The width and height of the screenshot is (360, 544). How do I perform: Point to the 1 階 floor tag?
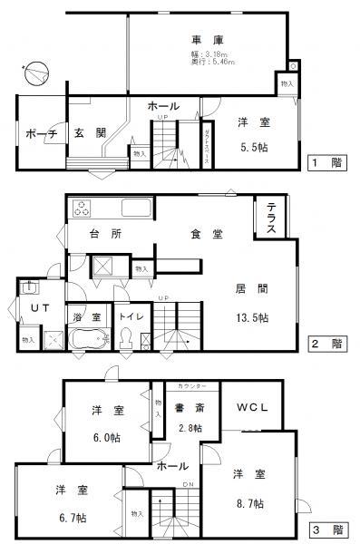pos(326,163)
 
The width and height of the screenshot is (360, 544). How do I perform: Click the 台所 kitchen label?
pos(104,234)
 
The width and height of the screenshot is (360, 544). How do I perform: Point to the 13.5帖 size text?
pos(252,317)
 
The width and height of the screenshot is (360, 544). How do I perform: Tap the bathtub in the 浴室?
pos(86,341)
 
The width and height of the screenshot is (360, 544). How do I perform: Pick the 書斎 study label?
pos(189,408)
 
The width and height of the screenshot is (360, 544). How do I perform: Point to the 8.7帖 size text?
pos(247,502)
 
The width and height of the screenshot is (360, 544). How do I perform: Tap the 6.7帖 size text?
pos(71,513)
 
